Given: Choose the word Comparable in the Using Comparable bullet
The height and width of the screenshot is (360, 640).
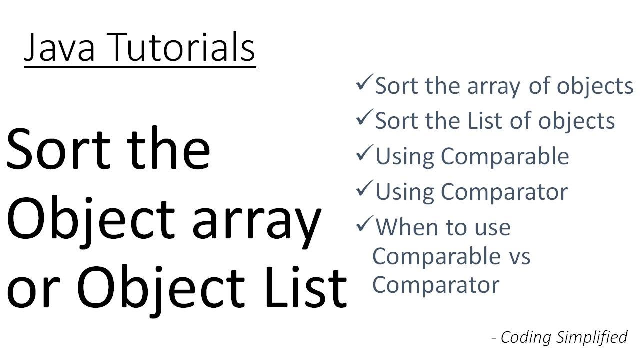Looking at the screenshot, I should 504,157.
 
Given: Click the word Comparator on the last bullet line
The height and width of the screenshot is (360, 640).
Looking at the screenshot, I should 436,285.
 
